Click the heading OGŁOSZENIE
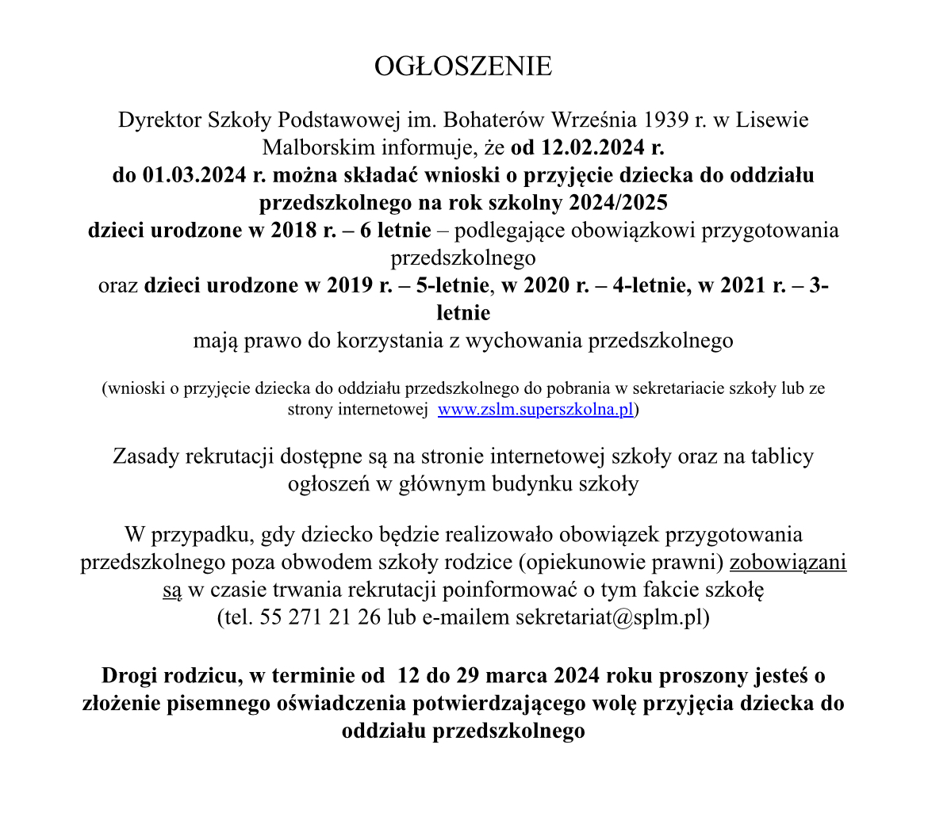(463, 67)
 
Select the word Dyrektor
(159, 120)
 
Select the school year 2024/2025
(618, 203)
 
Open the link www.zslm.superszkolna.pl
(536, 410)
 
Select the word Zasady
(146, 456)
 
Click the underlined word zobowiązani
(788, 563)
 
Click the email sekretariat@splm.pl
(608, 617)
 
